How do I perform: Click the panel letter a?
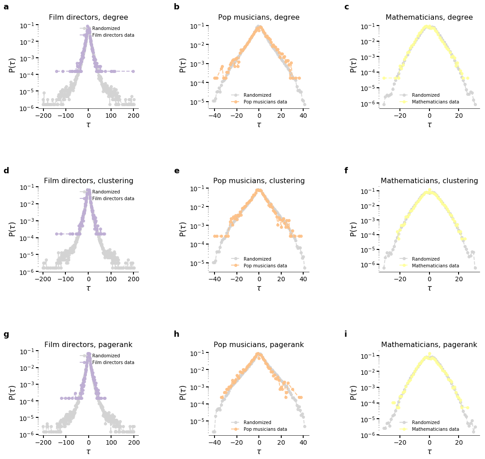6,7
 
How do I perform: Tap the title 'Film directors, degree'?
88,17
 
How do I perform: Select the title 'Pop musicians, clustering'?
259,181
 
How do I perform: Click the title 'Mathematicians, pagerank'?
429,345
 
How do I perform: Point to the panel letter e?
176,171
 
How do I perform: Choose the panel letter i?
346,335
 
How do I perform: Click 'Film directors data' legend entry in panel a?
113,35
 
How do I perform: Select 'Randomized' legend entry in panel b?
257,95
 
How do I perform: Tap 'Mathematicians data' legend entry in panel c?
435,102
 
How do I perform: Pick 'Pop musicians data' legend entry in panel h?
265,429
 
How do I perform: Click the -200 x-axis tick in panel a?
43,115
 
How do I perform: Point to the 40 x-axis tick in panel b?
303,115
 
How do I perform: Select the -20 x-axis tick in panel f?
399,279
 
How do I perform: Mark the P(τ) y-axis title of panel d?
13,229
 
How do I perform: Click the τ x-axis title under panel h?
259,451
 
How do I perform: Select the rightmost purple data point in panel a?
133,71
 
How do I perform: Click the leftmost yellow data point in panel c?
384,78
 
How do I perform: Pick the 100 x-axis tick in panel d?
111,279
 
